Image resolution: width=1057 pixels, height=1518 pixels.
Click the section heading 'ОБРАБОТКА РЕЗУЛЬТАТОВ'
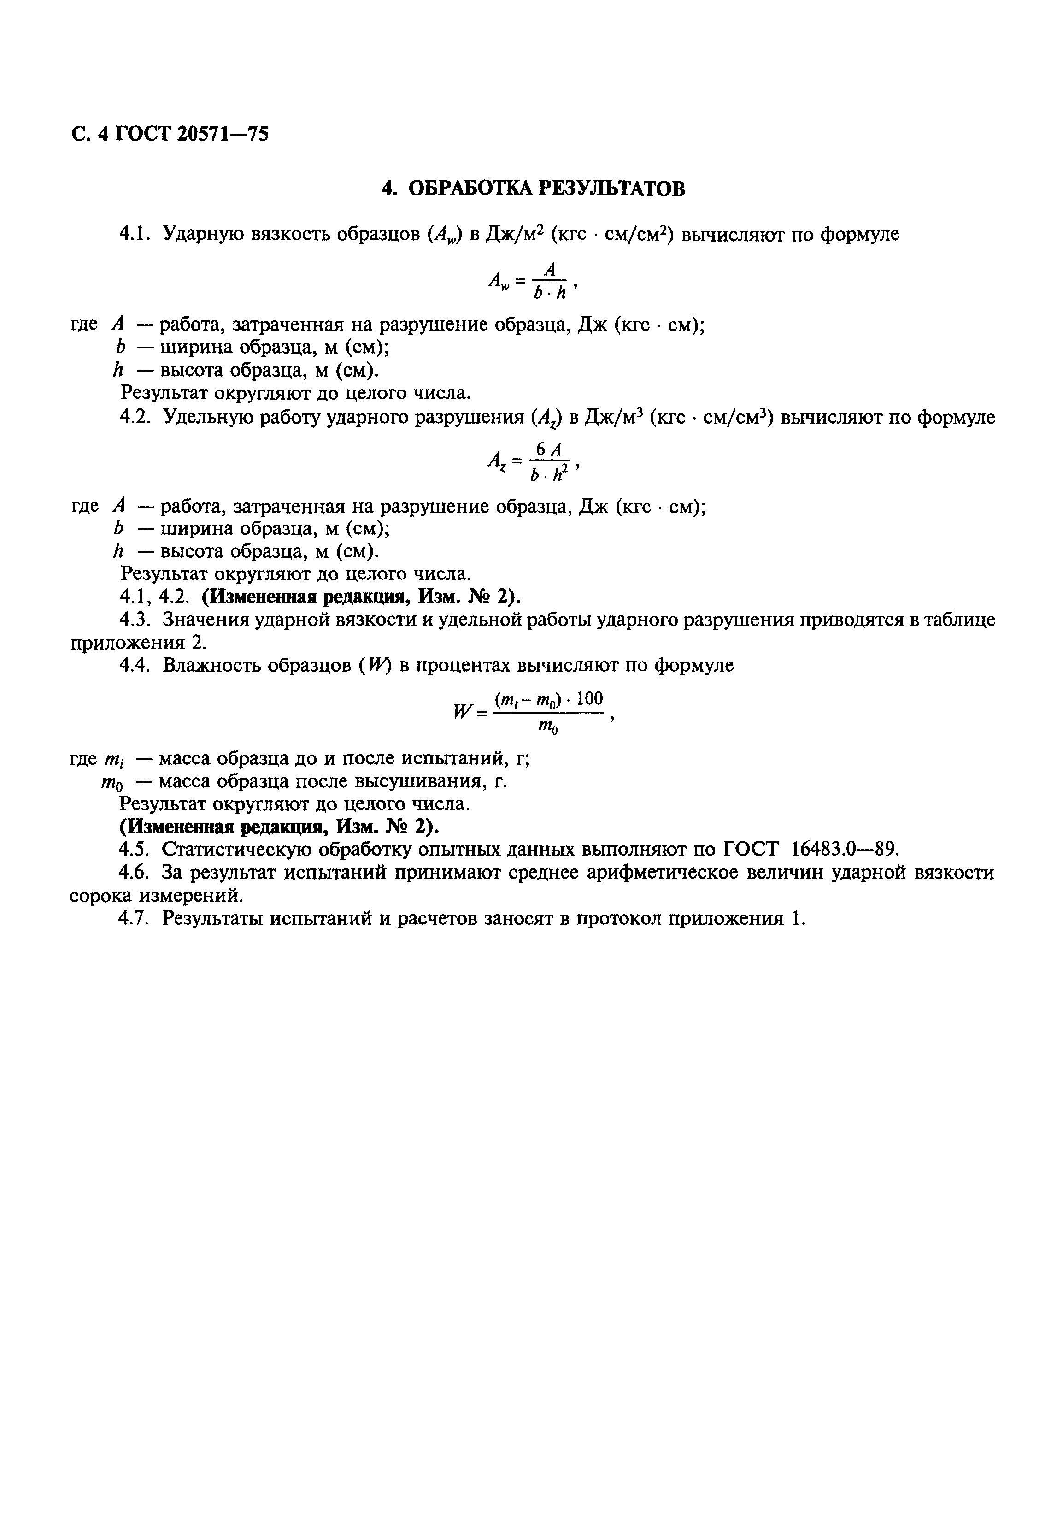546,189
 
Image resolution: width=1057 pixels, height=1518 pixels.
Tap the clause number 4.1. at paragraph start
137,234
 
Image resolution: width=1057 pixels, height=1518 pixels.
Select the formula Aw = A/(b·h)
533,281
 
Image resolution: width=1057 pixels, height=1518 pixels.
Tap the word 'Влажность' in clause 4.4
214,665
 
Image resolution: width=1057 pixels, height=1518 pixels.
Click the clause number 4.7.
137,919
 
